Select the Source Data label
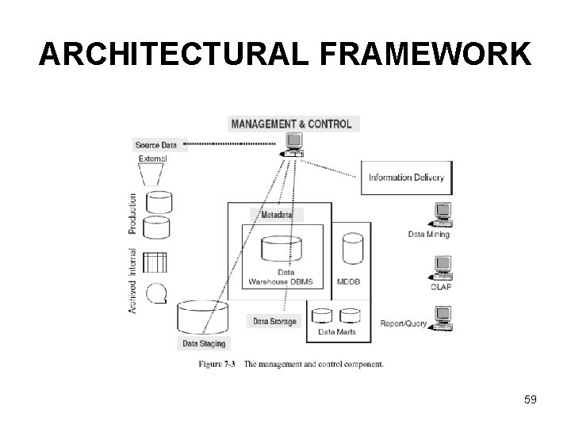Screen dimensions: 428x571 (x=156, y=145)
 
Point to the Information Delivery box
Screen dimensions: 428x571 (x=407, y=178)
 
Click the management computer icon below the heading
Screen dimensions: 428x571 (x=293, y=143)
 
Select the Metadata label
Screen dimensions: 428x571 (x=278, y=215)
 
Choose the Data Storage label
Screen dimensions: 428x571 (x=275, y=321)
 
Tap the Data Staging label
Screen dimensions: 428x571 (x=204, y=343)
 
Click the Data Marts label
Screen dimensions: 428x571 (x=337, y=331)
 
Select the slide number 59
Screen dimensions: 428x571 (x=531, y=399)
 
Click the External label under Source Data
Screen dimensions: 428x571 (x=153, y=159)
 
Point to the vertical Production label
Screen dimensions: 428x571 (x=132, y=213)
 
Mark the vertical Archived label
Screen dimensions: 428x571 (x=132, y=292)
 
